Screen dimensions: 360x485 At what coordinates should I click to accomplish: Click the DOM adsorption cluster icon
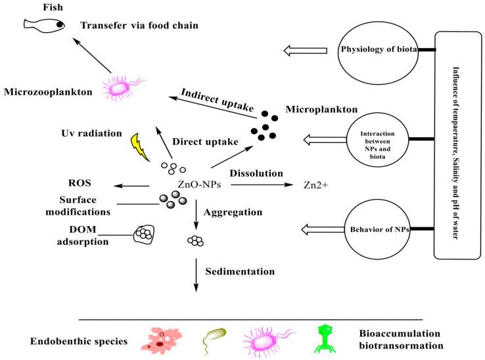coord(145,233)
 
